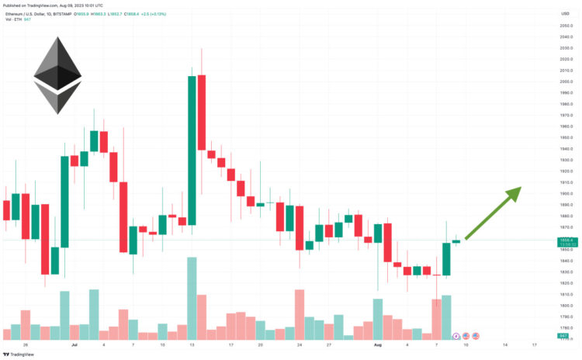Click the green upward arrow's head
514,192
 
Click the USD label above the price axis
565,13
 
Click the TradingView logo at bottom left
21,354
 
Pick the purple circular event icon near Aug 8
456,335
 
